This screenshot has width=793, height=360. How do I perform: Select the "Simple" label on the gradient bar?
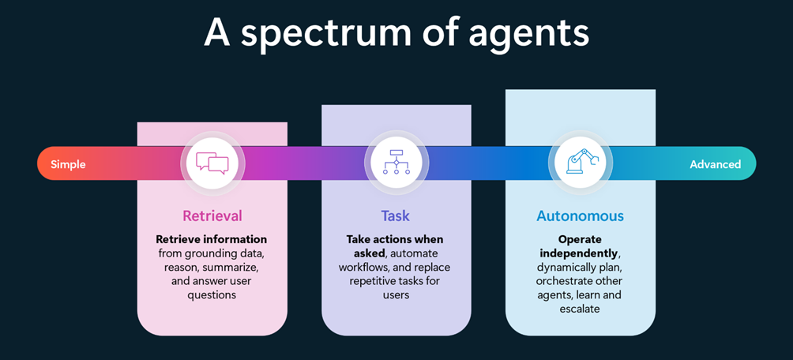[x=68, y=164]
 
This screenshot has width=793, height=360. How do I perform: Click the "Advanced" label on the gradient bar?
[x=715, y=164]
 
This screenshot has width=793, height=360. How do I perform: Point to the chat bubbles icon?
[x=212, y=163]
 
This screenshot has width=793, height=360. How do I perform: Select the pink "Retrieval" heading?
[x=212, y=216]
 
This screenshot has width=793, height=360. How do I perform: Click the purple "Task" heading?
[x=396, y=216]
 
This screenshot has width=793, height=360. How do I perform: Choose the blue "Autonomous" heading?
[x=580, y=216]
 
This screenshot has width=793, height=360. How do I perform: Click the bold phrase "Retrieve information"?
[x=211, y=239]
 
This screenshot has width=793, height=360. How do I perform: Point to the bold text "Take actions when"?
[x=395, y=239]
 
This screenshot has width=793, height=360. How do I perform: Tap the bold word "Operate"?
[x=580, y=238]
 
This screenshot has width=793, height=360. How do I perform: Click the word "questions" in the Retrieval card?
[x=212, y=295]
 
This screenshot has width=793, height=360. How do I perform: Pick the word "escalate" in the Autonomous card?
[x=580, y=309]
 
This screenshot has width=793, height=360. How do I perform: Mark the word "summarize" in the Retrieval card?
[x=231, y=267]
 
